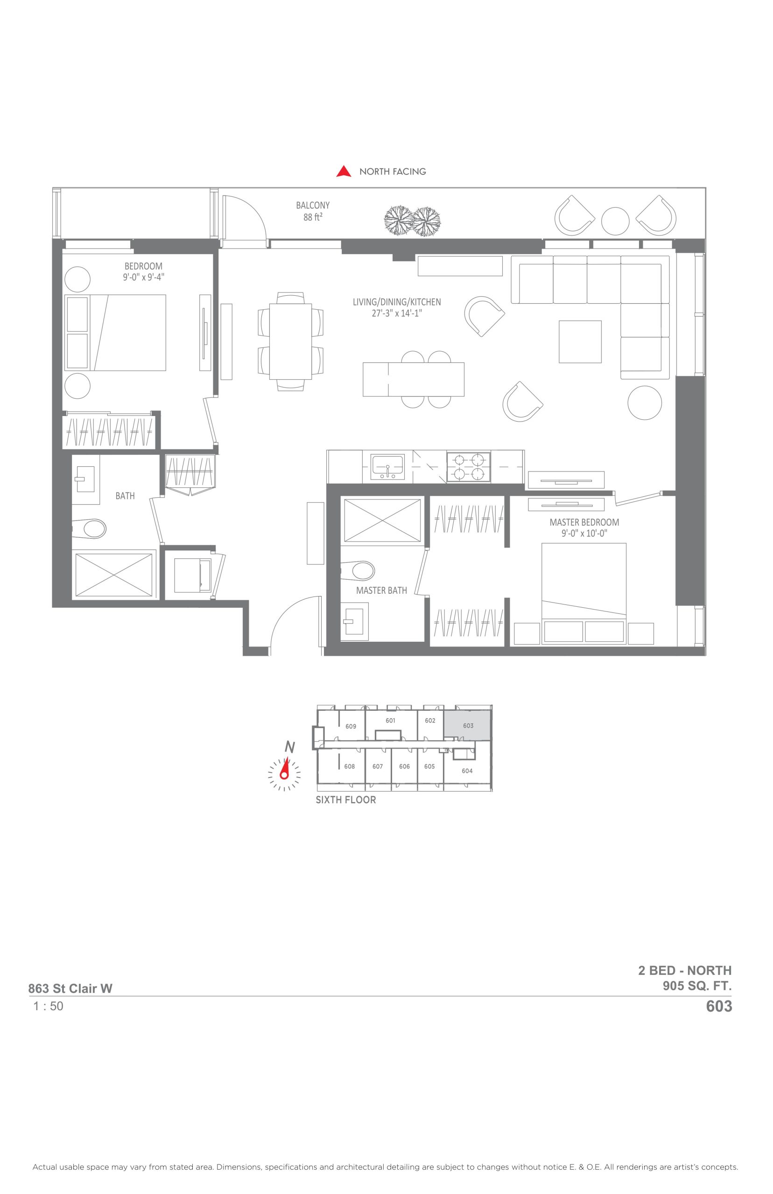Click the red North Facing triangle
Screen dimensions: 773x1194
344,172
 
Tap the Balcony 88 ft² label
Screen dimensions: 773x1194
313,211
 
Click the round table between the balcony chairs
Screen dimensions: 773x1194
615,221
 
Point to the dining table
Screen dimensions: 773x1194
290,341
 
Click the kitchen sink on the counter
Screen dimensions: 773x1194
387,467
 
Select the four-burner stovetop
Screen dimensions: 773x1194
468,467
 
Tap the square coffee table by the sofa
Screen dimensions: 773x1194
580,341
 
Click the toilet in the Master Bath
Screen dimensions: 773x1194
358,570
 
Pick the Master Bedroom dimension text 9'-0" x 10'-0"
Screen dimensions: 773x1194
584,534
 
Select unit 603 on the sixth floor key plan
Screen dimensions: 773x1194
468,725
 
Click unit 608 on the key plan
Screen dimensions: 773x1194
349,766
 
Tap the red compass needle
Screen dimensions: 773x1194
285,769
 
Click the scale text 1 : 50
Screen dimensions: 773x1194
48,1006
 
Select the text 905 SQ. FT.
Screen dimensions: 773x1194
697,986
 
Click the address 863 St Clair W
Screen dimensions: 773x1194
70,988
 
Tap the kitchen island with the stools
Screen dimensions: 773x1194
413,379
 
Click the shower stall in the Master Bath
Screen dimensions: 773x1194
382,520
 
